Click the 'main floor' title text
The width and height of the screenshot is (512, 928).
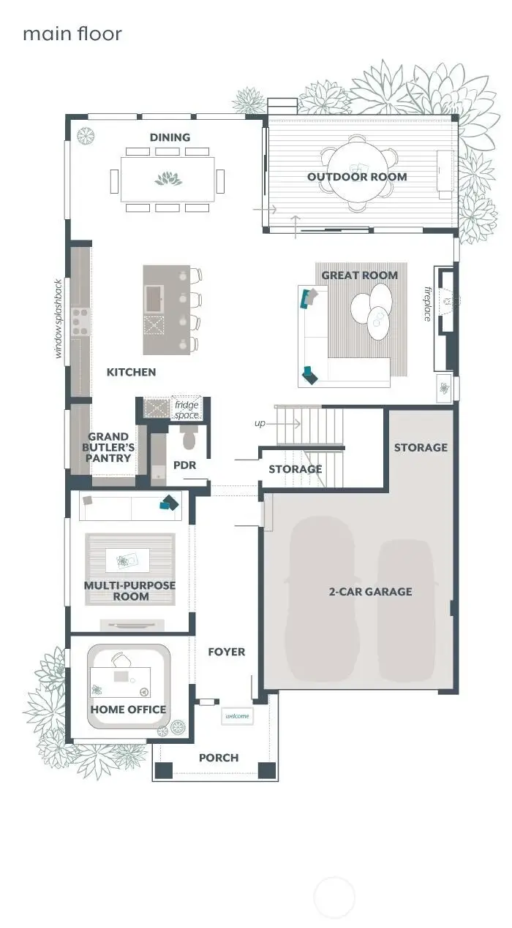point(72,34)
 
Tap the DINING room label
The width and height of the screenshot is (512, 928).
point(170,137)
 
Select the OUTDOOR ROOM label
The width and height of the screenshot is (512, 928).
point(357,177)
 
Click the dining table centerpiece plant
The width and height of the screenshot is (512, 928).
point(168,179)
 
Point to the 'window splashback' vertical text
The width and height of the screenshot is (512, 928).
point(59,319)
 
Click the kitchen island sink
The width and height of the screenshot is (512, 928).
point(155,297)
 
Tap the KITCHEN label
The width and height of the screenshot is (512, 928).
point(131,372)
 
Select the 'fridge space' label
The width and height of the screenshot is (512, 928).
point(187,410)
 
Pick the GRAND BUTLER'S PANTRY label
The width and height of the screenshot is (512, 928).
point(110,447)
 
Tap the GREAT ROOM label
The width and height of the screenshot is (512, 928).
point(360,275)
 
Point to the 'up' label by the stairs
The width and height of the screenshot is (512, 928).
point(260,423)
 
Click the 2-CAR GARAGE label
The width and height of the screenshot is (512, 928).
point(370,592)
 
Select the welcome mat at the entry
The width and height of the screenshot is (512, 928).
point(237,716)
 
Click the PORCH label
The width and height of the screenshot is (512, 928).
point(219,758)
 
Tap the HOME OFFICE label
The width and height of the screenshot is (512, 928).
point(128,710)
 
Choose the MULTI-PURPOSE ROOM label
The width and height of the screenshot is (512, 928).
point(129,591)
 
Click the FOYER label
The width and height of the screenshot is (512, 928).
point(226,652)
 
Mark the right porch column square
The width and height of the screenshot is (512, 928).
point(268,770)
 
